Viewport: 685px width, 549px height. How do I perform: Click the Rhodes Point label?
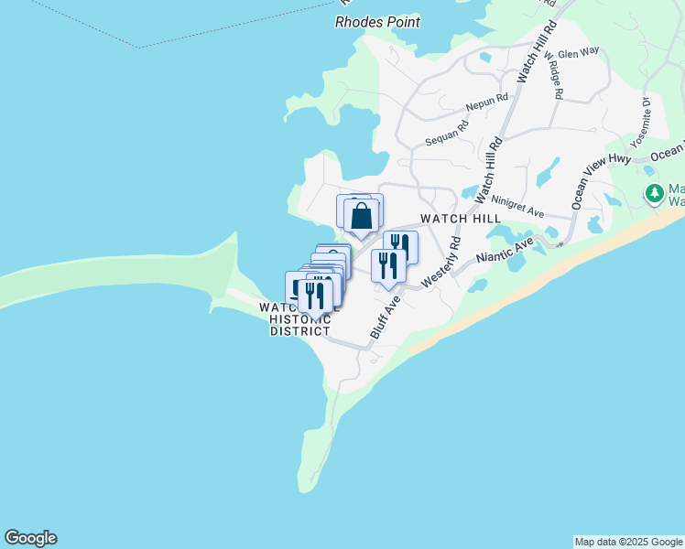(377, 21)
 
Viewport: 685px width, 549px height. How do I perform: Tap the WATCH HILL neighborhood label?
(461, 220)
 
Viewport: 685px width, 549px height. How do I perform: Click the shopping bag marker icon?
(362, 217)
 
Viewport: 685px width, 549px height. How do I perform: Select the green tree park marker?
(654, 193)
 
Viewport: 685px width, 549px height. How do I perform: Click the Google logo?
(30, 538)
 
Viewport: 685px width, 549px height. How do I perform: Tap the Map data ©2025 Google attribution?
(628, 542)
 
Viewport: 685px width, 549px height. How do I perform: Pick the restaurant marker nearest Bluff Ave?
(388, 265)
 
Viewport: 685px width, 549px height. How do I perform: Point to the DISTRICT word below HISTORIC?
(299, 331)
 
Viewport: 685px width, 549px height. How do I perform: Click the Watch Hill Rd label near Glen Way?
(537, 48)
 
